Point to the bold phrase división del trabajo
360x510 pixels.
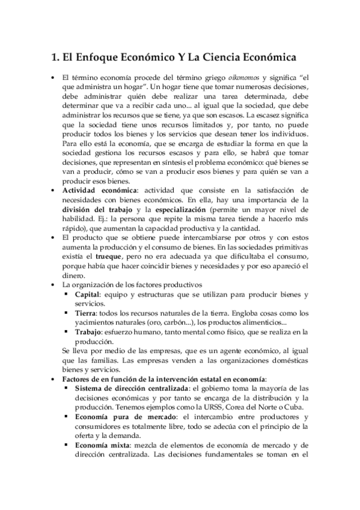[97, 209]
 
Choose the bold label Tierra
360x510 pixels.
[85, 312]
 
